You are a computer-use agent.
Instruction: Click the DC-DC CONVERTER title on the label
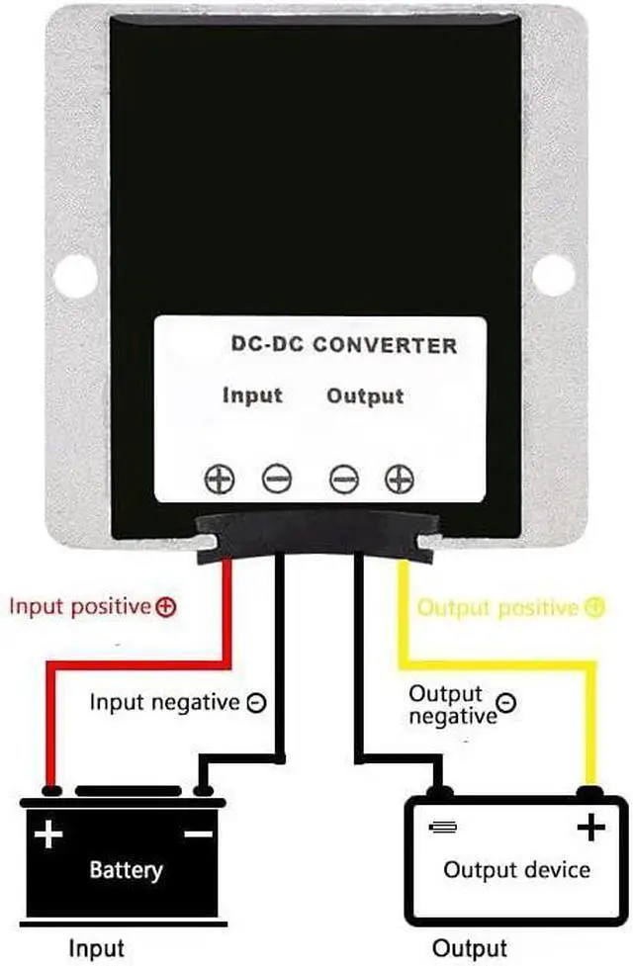click(343, 345)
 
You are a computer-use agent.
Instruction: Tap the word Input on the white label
click(252, 395)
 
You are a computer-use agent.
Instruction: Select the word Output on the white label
click(365, 396)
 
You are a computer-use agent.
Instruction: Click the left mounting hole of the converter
click(75, 275)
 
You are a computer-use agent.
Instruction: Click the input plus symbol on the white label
click(219, 480)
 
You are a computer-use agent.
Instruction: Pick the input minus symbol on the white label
click(277, 480)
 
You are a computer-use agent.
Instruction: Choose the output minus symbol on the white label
click(343, 480)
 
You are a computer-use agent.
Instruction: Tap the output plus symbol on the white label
click(400, 480)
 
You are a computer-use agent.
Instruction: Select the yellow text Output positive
click(497, 607)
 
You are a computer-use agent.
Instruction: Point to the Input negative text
click(164, 703)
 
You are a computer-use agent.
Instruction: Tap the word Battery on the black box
click(126, 870)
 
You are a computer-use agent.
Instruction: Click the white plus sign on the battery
click(47, 835)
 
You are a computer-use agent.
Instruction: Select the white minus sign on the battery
click(198, 834)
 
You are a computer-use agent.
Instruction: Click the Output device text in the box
click(516, 870)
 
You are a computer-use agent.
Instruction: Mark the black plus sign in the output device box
click(590, 828)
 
